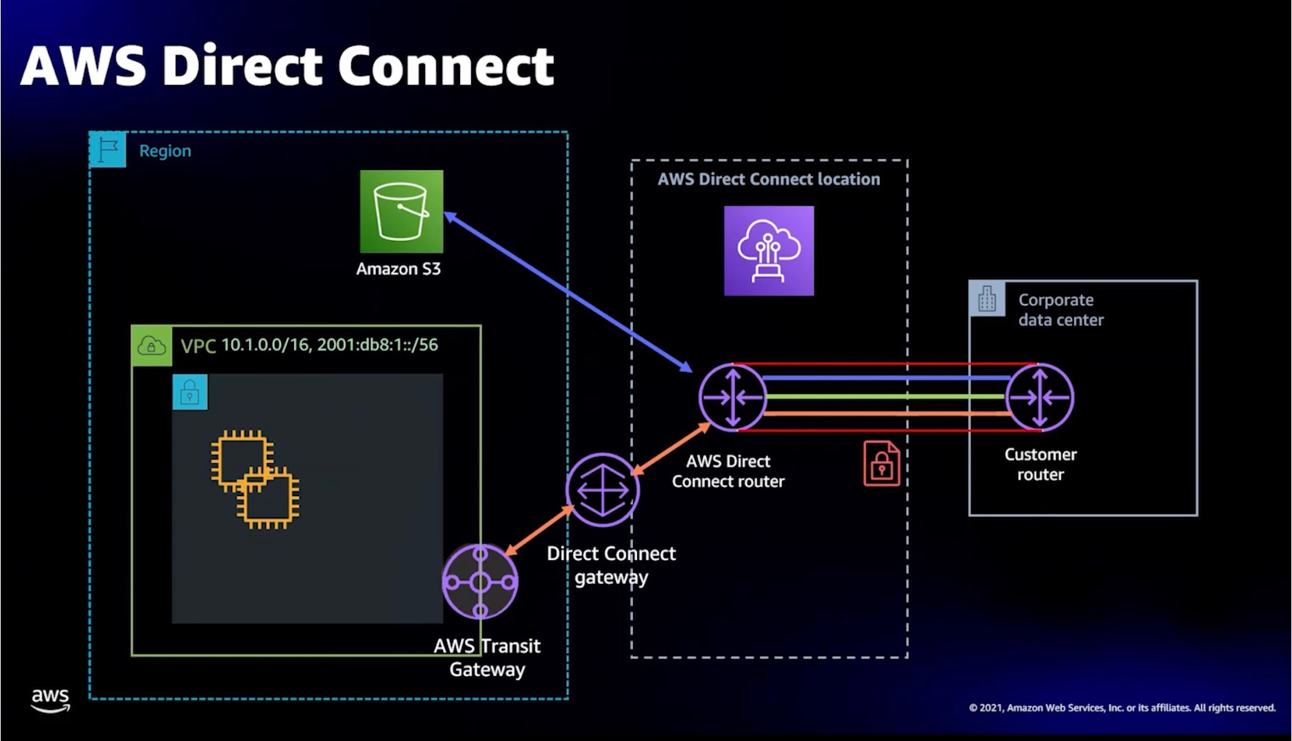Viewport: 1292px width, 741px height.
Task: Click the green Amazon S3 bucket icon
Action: pos(401,211)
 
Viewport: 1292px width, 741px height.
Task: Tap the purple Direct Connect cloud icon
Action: pos(769,250)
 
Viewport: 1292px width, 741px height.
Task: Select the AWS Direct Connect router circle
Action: pos(732,397)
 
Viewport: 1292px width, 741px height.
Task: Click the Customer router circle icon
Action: pos(1040,397)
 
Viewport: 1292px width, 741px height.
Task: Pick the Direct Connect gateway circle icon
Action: pos(602,490)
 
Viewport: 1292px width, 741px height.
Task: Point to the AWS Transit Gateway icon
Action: pos(480,582)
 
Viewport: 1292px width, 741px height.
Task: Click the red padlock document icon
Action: pos(881,464)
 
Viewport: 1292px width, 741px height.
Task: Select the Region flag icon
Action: pos(108,150)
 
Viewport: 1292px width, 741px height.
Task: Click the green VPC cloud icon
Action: pos(152,346)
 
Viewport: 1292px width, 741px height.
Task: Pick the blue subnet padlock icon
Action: pos(190,392)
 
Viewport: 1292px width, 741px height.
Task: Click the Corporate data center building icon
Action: pos(987,299)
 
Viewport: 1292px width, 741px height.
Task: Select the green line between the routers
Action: pos(885,397)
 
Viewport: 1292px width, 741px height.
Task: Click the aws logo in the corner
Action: pos(50,700)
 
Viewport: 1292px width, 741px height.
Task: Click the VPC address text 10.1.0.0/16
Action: pos(265,344)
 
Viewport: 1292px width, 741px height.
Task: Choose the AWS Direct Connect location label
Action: pos(768,179)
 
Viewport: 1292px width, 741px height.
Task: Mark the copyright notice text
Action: pos(1122,707)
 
